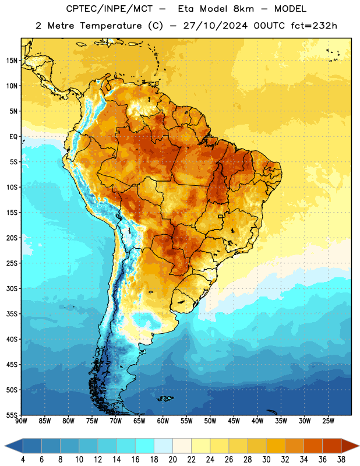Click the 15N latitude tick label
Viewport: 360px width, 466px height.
click(12, 61)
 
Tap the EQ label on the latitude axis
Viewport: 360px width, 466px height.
click(13, 137)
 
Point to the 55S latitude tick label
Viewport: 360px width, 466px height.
click(12, 415)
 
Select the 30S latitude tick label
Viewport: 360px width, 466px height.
click(12, 288)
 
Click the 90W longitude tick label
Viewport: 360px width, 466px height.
click(21, 421)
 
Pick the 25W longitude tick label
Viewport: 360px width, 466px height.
click(328, 421)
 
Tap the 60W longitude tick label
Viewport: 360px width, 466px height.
click(163, 421)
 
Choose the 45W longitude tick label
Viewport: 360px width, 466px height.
click(234, 421)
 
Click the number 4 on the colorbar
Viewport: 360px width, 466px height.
click(23, 460)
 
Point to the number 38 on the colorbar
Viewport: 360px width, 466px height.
click(341, 460)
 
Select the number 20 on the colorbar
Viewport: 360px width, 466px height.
click(172, 460)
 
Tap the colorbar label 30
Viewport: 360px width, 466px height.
click(266, 460)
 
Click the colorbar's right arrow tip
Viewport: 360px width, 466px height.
click(359, 446)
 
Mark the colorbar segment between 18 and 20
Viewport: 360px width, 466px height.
click(163, 446)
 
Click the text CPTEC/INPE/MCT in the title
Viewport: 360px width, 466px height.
click(109, 9)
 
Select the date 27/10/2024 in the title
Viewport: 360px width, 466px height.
click(216, 26)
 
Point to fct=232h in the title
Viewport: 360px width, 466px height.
click(314, 26)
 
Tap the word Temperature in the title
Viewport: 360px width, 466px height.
click(111, 26)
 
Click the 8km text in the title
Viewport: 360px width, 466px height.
click(243, 9)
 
